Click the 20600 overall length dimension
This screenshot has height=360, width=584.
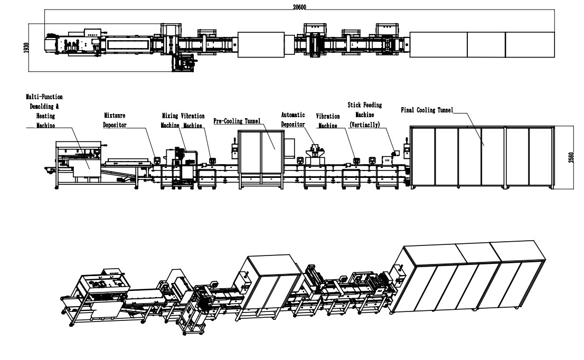[299, 7]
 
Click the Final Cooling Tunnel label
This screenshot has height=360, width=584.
[427, 110]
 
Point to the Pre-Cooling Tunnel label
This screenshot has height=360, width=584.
[237, 121]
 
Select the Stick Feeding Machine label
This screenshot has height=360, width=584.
[365, 110]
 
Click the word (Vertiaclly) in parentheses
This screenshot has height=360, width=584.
[365, 124]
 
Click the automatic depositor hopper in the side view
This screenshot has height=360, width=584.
[316, 149]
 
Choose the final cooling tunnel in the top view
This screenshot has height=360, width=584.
[482, 45]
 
